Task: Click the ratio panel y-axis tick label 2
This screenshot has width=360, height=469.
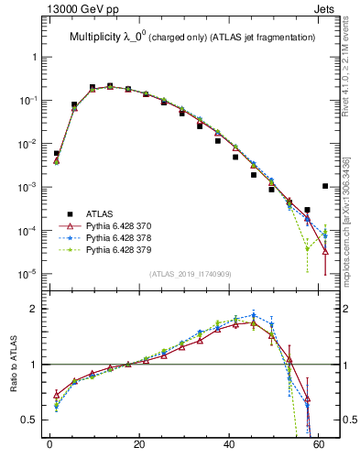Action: coord(36,309)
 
